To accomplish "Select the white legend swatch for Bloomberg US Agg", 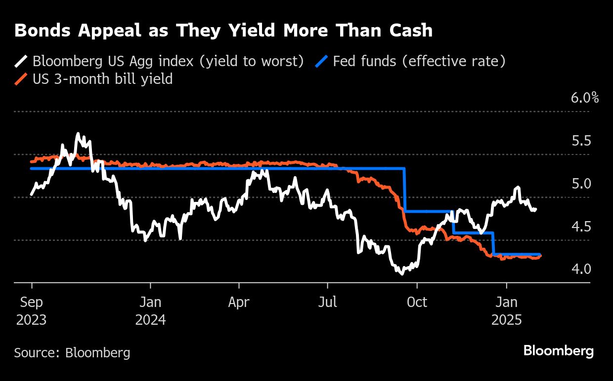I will [x=21, y=62].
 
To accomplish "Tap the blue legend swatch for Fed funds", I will [x=321, y=62].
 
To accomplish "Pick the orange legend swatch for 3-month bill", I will [x=21, y=79].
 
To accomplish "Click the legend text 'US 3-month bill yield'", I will [x=102, y=78].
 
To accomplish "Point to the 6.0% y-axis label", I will [x=584, y=98].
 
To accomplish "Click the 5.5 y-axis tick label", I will [x=581, y=141].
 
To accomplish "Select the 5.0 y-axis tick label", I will [x=581, y=184].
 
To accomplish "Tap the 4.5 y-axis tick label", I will [x=581, y=227].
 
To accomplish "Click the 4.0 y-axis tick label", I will [x=581, y=269].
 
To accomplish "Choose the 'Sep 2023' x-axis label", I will [x=31, y=311].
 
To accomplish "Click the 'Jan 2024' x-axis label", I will [x=150, y=311].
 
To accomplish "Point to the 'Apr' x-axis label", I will [x=239, y=302].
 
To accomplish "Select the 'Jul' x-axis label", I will [x=327, y=302].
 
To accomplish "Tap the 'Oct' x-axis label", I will [x=417, y=302].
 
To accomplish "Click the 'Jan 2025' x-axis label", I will [x=506, y=311].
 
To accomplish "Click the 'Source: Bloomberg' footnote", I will [x=72, y=353].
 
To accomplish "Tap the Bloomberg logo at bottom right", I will [x=558, y=351].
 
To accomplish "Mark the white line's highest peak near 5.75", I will [x=78, y=133].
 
